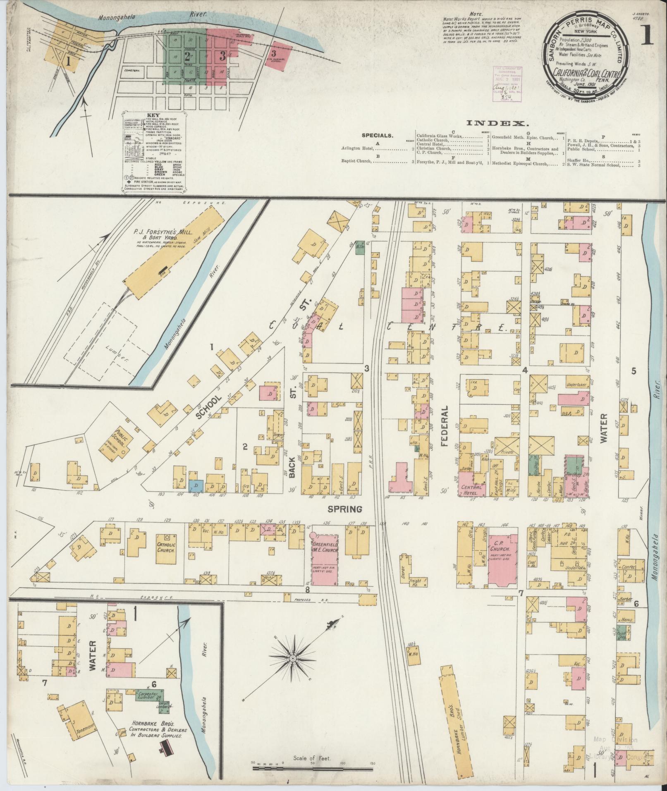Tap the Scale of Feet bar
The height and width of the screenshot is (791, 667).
click(313, 768)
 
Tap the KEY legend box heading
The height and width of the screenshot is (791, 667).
click(154, 116)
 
